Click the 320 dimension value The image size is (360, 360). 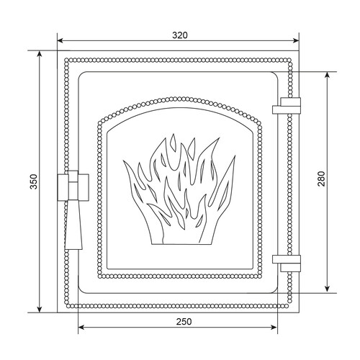pos(180,35)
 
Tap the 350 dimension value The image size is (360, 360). pos(34,181)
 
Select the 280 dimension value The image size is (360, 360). pos(321,179)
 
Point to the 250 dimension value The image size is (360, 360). pos(184,322)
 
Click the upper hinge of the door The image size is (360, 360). pos(287,106)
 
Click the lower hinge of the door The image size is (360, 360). pos(287,264)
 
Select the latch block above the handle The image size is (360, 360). pos(73,186)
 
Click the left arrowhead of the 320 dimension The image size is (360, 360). pos(60,40)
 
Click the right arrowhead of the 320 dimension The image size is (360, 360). pos(296,40)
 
